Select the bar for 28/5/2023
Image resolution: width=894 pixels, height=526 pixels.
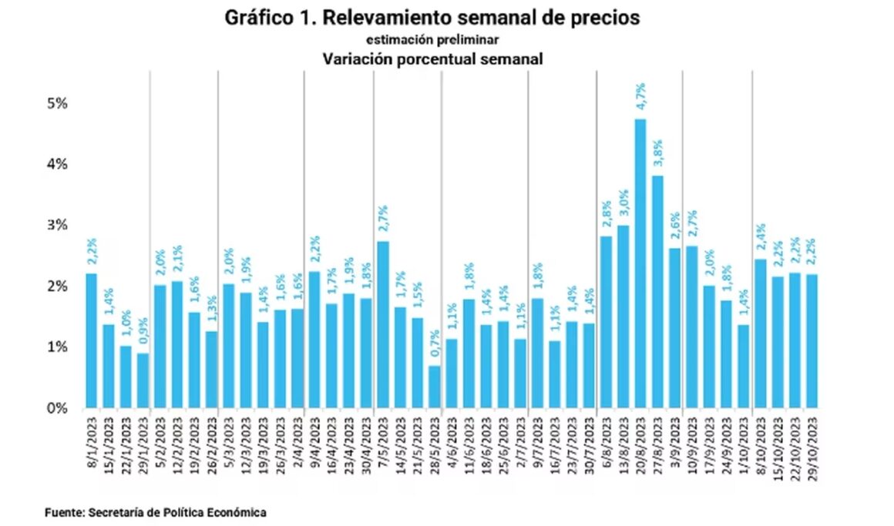click(435, 386)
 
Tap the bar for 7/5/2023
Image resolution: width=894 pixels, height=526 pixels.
click(383, 324)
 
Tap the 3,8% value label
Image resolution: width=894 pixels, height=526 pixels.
click(657, 153)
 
